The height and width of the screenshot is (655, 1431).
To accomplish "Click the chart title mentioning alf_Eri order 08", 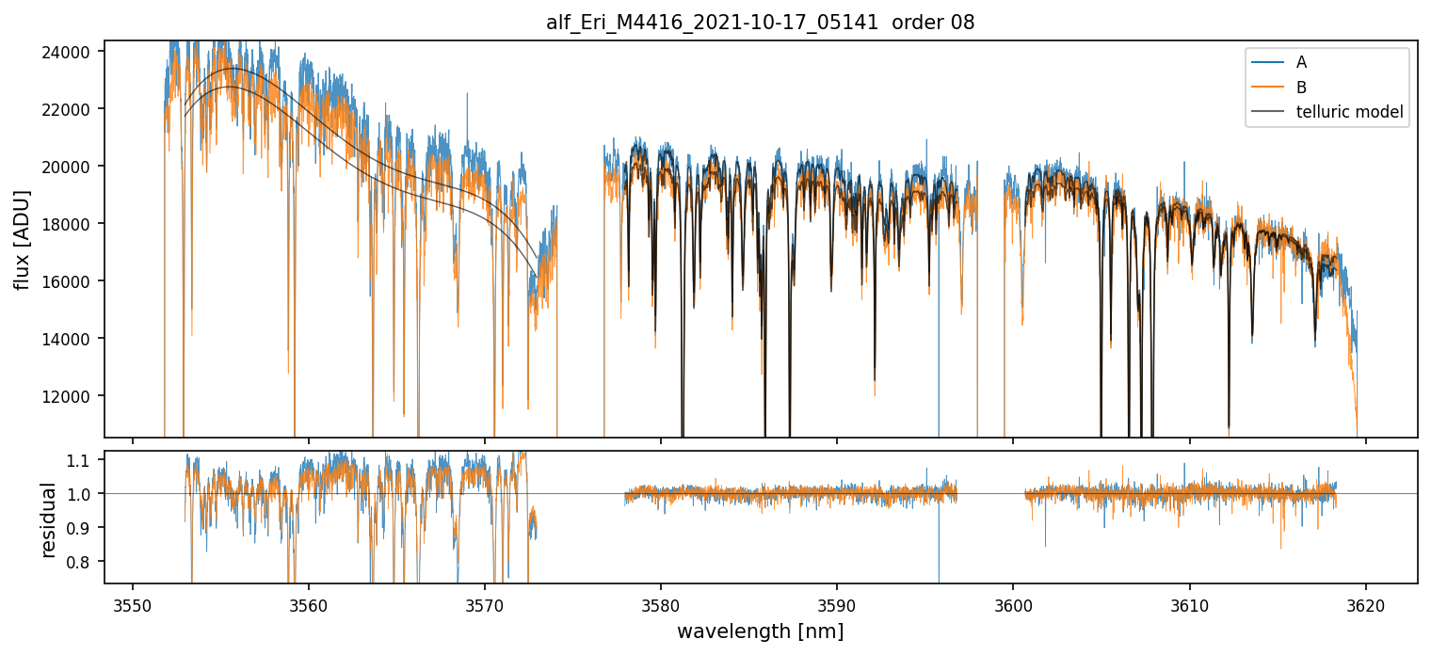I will click(760, 23).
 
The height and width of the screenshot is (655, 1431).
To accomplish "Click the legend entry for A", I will click(1301, 62).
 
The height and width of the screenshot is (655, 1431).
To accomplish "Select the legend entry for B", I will click(1301, 88).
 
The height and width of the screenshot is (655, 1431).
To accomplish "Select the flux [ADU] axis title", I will click(22, 239).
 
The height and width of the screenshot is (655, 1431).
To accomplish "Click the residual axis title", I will click(49, 519).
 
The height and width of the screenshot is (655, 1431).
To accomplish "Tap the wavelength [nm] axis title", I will click(760, 632).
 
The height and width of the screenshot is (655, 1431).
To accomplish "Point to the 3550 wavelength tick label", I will click(133, 603).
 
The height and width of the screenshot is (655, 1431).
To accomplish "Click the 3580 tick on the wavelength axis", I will click(661, 603).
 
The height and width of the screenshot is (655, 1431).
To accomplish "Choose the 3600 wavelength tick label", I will click(1013, 603).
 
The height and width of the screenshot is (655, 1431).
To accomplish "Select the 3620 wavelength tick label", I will click(1365, 603).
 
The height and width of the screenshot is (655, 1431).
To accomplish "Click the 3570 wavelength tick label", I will click(485, 603).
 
